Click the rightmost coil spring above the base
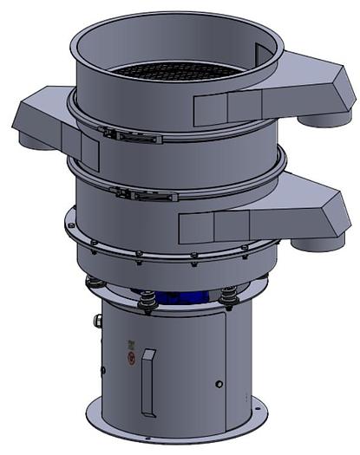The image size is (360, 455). pyautogui.click(x=229, y=297)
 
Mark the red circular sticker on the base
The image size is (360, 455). pyautogui.click(x=131, y=358)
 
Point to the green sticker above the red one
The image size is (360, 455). pyautogui.click(x=130, y=344)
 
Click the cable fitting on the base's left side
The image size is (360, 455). pyautogui.click(x=98, y=322)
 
